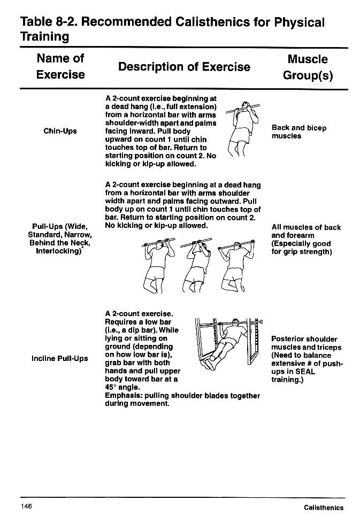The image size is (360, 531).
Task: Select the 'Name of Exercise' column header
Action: click(x=60, y=66)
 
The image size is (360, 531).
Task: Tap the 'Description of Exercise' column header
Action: click(x=184, y=67)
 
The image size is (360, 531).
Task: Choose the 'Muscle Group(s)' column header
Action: click(x=307, y=67)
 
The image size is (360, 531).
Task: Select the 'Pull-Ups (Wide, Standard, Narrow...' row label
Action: click(x=60, y=240)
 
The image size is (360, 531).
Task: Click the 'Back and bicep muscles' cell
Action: click(x=298, y=132)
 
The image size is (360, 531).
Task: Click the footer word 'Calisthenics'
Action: click(x=324, y=508)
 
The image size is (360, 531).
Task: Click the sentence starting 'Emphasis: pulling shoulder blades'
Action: click(x=182, y=399)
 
